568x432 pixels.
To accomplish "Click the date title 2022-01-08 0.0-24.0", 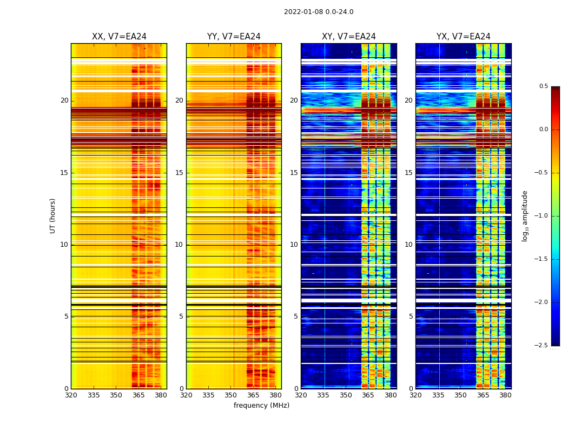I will click(319, 12).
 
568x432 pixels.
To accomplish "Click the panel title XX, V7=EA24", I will click(119, 37).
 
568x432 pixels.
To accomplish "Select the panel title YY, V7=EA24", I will click(234, 37).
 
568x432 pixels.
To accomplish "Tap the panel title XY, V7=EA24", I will click(349, 37).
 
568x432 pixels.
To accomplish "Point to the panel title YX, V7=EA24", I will click(464, 37).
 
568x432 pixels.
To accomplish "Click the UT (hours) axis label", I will click(52, 215).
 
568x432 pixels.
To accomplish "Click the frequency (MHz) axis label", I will click(261, 406).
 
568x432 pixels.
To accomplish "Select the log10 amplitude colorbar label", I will click(525, 215).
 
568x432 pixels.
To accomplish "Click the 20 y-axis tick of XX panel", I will click(64, 100).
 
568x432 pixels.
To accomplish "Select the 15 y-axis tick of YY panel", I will click(179, 173).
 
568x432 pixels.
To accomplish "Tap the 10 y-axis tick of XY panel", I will click(294, 245).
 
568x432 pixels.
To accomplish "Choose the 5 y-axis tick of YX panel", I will click(411, 316).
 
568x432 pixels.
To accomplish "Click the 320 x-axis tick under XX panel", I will click(71, 395).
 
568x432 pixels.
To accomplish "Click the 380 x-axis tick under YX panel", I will click(505, 395).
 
